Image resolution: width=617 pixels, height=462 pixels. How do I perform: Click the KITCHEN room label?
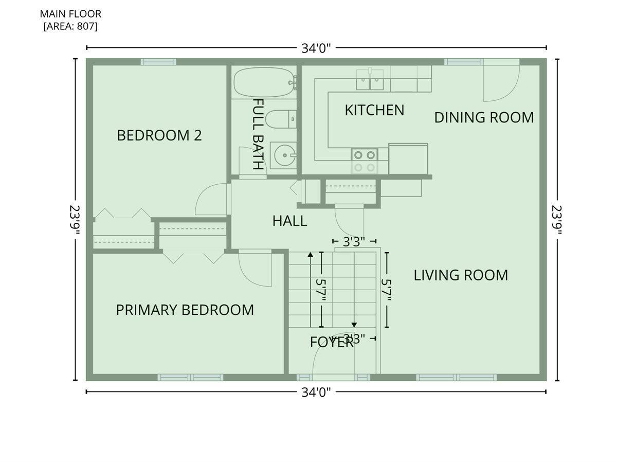click(x=374, y=110)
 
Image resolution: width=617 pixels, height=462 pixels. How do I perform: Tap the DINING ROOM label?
click(x=484, y=117)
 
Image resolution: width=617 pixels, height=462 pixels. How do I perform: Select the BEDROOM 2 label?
click(x=159, y=135)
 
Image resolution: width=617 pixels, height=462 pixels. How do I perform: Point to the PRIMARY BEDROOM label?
click(x=185, y=310)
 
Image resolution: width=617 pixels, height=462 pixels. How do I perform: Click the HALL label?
click(x=289, y=221)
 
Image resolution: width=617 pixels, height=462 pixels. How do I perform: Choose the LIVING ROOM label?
click(x=461, y=275)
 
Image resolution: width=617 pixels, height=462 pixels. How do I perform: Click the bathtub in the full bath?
click(x=264, y=83)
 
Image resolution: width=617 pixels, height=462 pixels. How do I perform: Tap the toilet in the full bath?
click(x=281, y=119)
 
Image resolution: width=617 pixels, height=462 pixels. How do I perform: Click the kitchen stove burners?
click(x=365, y=162)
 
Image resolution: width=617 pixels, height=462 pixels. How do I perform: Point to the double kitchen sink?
click(x=370, y=80)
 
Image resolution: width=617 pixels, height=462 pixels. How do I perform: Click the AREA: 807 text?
click(x=70, y=26)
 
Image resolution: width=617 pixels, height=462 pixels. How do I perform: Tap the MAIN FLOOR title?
click(x=70, y=14)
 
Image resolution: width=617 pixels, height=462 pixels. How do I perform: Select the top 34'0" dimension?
click(x=316, y=48)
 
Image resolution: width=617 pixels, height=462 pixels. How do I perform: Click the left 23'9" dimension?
click(x=75, y=220)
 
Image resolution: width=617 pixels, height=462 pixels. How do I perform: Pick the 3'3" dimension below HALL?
click(x=354, y=241)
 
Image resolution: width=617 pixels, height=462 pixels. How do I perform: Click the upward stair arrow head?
click(x=311, y=255)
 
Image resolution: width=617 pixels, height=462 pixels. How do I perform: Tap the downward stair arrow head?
click(x=354, y=325)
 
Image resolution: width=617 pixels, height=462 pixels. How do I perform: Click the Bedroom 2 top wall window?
click(x=158, y=62)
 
